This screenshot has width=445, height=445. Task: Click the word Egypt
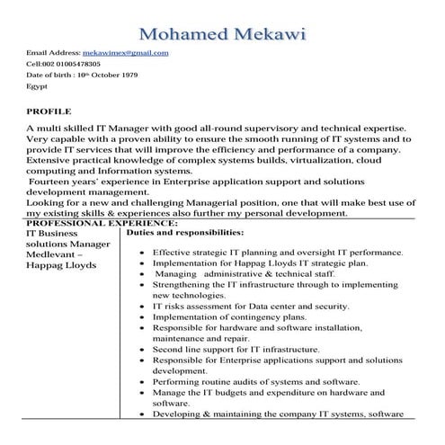[37, 87]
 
